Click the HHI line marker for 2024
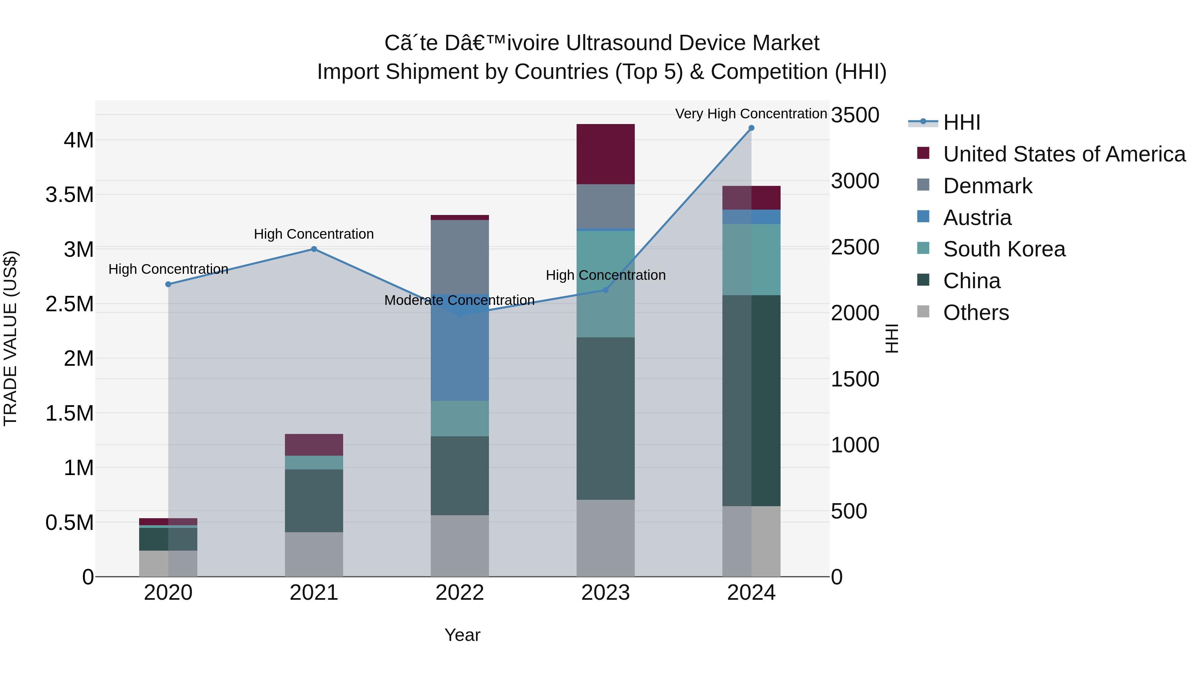pos(751,128)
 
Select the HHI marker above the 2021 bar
pos(314,249)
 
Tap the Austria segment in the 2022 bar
pos(460,355)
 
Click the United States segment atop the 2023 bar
pos(605,154)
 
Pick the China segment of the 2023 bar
pos(605,418)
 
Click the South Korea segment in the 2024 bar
pos(751,259)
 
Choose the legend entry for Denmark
pos(987,186)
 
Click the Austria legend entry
pos(977,218)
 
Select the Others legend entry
pos(976,313)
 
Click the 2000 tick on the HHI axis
pos(855,313)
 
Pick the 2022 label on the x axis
pos(460,593)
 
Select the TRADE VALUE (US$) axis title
pos(10,338)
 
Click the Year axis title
pos(462,635)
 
